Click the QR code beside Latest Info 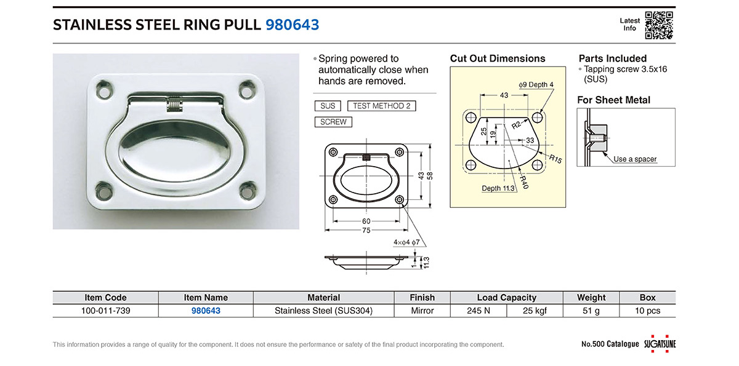point(659,25)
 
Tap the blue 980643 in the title point(293,25)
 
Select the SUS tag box point(328,106)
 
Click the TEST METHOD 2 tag point(382,106)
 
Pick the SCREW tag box point(333,122)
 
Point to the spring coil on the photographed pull point(175,104)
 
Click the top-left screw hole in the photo point(105,90)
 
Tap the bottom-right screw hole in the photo point(248,191)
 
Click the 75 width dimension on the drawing point(366,230)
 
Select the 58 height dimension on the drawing point(430,176)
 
